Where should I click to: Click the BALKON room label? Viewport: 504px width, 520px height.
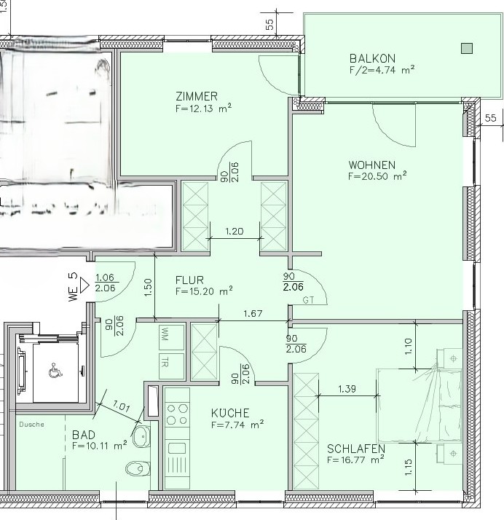pos(371,58)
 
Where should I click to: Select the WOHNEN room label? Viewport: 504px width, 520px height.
pos(371,165)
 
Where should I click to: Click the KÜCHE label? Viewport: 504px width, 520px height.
pos(230,412)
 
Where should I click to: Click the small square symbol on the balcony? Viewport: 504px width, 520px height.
pos(467,49)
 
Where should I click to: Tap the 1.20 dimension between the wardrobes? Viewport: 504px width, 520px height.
pos(235,232)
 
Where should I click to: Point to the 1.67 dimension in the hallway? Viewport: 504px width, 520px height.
pos(253,313)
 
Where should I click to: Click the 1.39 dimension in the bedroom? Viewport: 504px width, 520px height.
pos(347,390)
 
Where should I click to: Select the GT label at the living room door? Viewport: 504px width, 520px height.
pos(308,299)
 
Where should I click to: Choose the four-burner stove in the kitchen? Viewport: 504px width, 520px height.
pos(177,414)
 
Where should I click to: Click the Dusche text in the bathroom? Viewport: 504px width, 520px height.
pos(31,425)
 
